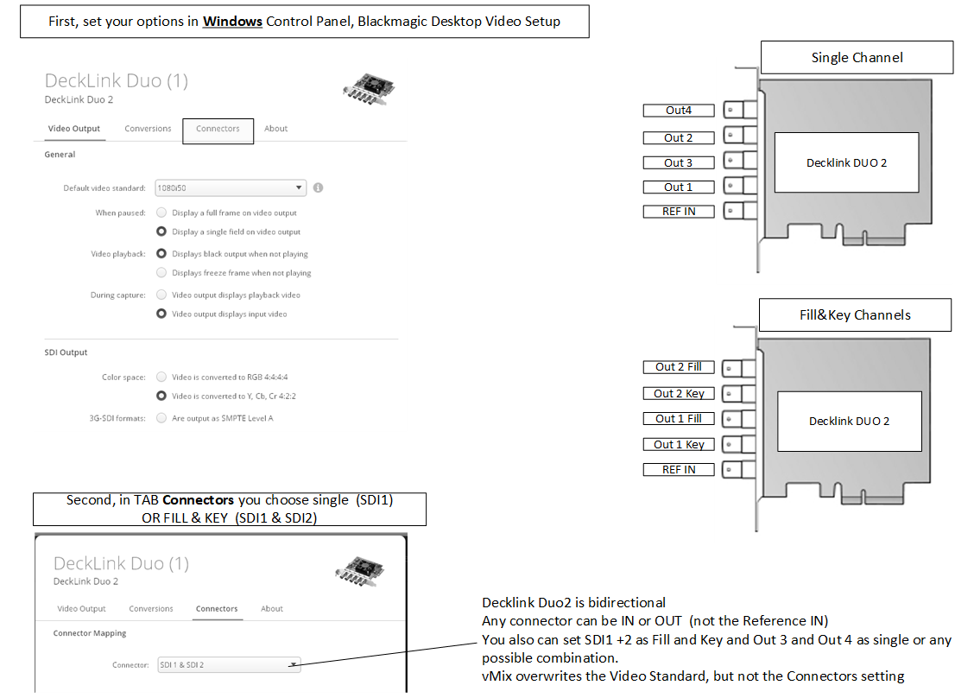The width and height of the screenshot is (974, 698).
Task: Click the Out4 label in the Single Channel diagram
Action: click(679, 111)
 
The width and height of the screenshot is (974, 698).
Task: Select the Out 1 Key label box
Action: click(679, 444)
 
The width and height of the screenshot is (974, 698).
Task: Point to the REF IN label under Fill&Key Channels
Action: click(679, 469)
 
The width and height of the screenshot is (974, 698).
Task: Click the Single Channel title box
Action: click(857, 58)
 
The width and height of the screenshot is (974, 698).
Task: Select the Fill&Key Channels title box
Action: click(854, 315)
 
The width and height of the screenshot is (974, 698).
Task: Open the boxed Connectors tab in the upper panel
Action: click(218, 130)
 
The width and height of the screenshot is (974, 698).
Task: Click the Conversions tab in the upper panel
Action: click(148, 129)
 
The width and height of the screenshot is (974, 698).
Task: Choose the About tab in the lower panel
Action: click(272, 609)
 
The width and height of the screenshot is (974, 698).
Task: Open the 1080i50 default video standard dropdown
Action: click(231, 187)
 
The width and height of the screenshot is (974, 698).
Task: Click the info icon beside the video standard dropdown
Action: click(319, 187)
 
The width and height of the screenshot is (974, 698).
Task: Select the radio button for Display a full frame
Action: click(161, 213)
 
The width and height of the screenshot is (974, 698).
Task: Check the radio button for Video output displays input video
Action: click(161, 314)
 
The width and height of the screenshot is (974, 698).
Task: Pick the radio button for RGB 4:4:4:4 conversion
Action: click(161, 377)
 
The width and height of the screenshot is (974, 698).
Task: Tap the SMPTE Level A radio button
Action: click(161, 418)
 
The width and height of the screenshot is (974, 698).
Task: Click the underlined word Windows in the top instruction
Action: click(232, 22)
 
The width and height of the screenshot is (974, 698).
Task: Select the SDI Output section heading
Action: click(66, 352)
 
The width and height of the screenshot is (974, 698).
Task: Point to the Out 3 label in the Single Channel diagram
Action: click(679, 162)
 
